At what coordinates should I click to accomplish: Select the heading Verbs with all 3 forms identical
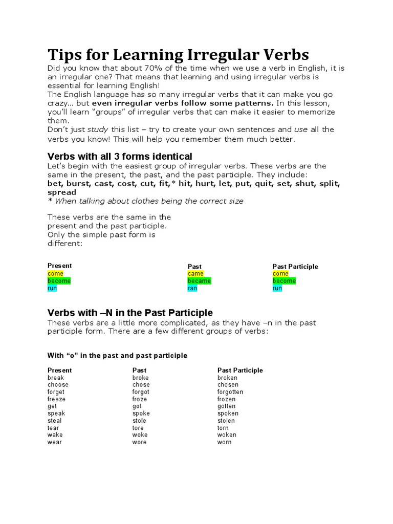(120, 156)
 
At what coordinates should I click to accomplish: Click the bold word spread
(61, 192)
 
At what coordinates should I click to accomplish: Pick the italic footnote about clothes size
(145, 201)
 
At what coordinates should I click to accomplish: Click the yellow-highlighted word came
(195, 274)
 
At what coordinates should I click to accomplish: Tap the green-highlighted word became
(199, 281)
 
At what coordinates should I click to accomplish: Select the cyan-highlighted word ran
(192, 288)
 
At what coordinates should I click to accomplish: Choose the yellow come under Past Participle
(280, 274)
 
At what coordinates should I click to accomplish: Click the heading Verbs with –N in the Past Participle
(130, 313)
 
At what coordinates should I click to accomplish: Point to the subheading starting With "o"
(117, 355)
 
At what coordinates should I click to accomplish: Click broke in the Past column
(141, 378)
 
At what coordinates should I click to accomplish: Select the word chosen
(228, 385)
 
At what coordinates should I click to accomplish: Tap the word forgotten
(230, 392)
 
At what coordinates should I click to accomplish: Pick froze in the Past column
(139, 399)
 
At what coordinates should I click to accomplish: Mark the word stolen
(227, 421)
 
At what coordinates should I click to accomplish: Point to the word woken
(227, 435)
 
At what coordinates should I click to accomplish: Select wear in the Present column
(55, 442)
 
